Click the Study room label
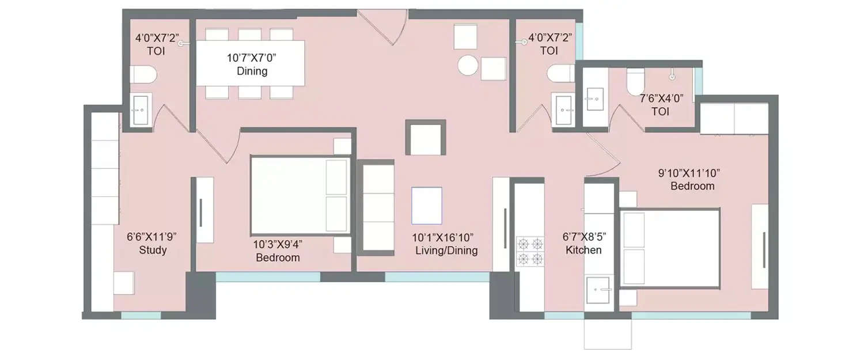153,250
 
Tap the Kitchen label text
583,250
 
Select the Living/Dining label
446,251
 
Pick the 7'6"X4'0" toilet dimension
661,98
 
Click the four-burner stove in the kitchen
530,250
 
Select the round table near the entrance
467,65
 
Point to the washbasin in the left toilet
140,109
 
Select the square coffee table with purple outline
427,205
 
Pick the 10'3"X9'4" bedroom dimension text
278,244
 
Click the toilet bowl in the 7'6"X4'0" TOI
635,81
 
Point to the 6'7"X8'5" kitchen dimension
583,236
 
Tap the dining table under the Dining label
251,63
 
